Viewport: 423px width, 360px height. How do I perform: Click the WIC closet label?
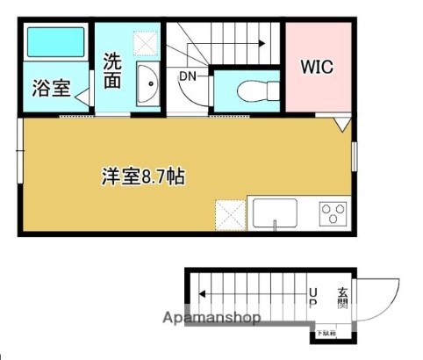pyautogui.click(x=318, y=67)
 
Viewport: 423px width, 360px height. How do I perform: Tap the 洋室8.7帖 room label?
pyautogui.click(x=141, y=176)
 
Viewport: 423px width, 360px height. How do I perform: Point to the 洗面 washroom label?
pyautogui.click(x=112, y=70)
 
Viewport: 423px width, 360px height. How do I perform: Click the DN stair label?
pyautogui.click(x=188, y=76)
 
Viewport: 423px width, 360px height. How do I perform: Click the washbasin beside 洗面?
pyautogui.click(x=147, y=86)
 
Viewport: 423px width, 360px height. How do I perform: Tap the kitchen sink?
pyautogui.click(x=274, y=212)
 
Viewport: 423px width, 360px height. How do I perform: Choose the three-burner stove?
pyautogui.click(x=333, y=212)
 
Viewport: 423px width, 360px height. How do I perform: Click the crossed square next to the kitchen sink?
pyautogui.click(x=230, y=213)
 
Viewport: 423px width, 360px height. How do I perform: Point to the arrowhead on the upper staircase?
pyautogui.click(x=262, y=40)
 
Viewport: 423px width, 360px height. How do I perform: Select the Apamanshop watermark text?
pyautogui.click(x=211, y=318)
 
